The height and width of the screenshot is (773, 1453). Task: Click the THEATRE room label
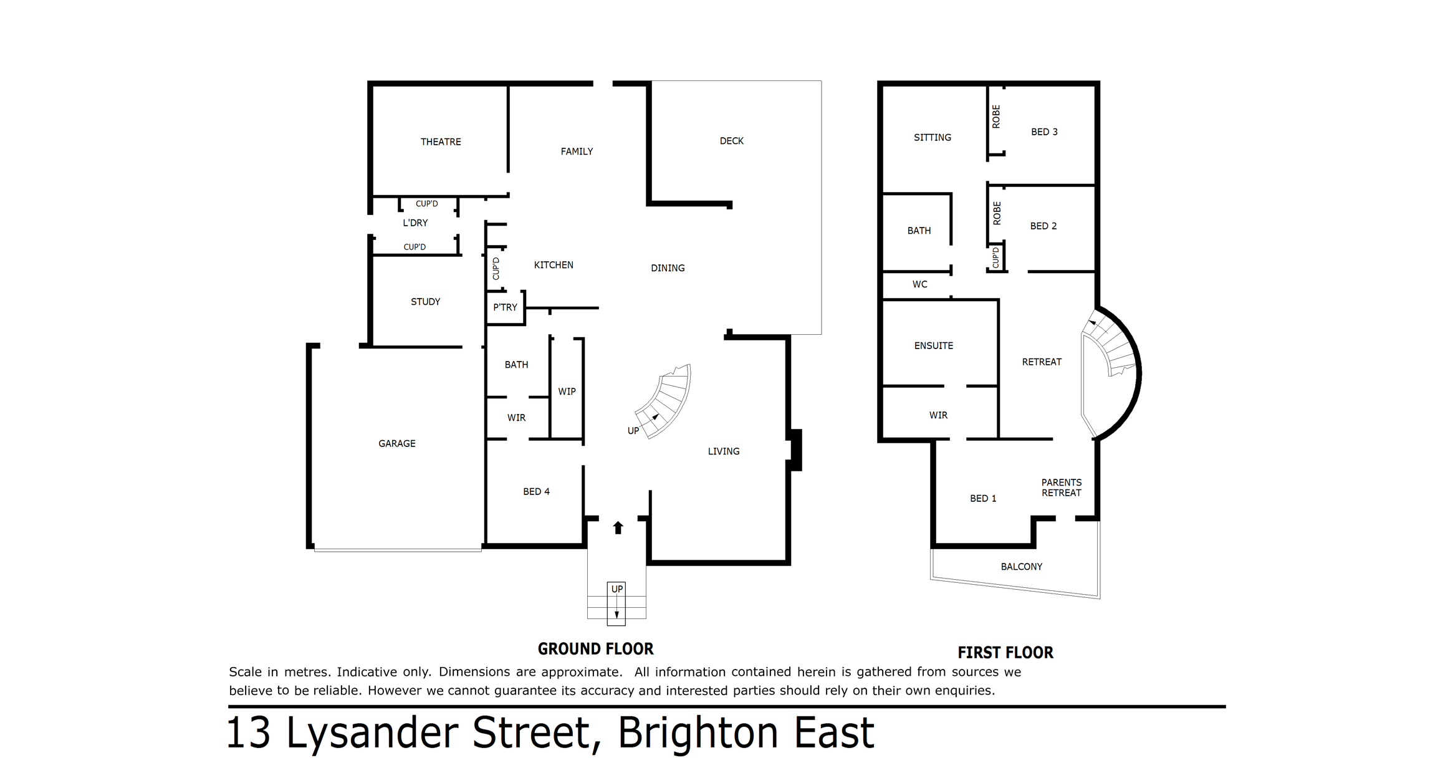441,142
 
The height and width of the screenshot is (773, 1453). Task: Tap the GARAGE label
397,444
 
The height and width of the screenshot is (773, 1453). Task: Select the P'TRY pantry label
505,307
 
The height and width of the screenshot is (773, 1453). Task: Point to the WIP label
567,391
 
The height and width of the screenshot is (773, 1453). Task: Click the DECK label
732,141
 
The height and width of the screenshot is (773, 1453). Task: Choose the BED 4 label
536,492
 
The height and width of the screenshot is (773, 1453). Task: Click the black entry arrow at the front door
618,528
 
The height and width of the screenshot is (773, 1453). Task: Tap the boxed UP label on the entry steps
616,589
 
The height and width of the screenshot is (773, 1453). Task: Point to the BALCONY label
1022,567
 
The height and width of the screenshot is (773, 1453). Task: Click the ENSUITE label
933,346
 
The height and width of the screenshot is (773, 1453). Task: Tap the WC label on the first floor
919,285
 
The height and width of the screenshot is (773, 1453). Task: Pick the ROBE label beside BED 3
996,117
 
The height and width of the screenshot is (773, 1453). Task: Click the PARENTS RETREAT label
1062,487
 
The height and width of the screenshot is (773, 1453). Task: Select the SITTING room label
933,138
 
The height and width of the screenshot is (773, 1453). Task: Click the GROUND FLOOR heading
595,649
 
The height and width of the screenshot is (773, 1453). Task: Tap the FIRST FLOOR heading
1005,653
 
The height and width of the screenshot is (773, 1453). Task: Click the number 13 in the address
248,733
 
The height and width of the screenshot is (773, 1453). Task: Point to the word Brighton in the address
698,733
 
